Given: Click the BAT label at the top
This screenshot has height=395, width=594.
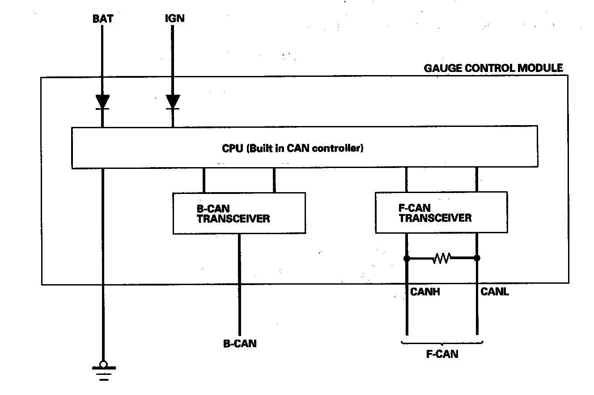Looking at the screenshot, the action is [103, 19].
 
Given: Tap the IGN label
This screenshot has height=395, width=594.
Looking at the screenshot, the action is [175, 18].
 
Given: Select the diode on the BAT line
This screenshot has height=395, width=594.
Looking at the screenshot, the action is [102, 102].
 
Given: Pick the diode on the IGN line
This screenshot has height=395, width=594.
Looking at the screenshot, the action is [173, 102].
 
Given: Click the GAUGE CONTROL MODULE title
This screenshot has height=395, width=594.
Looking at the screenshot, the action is [493, 68].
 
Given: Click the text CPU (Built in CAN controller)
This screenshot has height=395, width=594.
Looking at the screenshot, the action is [293, 148].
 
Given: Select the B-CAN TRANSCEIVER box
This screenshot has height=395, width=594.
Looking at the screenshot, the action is [239, 213].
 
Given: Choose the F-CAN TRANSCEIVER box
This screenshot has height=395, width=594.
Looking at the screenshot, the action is [441, 212].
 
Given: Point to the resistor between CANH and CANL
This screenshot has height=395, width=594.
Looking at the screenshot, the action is [441, 258].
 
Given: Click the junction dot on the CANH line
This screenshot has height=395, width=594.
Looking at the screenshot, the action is [407, 258].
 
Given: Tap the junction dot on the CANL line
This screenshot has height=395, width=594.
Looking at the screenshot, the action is [477, 258].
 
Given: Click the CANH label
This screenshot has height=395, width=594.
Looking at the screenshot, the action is [425, 292].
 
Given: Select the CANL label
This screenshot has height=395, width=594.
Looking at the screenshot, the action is [495, 292].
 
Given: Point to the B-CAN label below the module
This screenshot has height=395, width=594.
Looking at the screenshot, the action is [240, 344].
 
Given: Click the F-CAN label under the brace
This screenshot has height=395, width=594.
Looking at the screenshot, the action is [442, 354].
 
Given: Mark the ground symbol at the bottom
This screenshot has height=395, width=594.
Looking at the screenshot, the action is [104, 370].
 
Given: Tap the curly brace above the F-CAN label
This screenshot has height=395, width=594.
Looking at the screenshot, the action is [442, 343].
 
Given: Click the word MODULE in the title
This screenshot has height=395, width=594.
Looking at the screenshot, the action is [540, 68].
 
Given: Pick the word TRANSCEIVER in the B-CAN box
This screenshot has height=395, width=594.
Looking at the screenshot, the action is [233, 219].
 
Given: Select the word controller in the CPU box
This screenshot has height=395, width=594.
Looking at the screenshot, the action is [338, 148].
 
